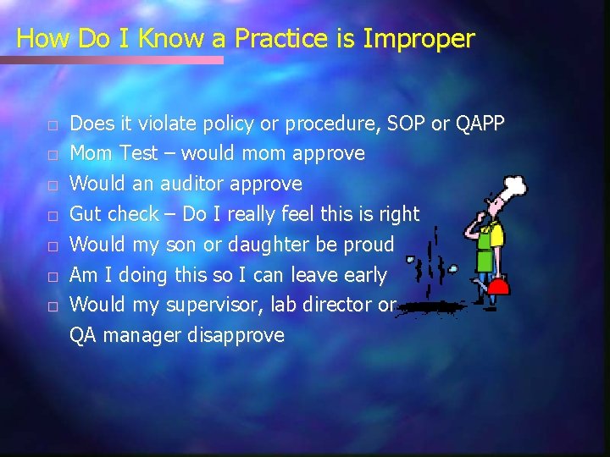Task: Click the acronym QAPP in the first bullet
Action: (x=480, y=124)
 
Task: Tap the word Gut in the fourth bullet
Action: (x=88, y=214)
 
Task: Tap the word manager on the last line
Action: (x=141, y=335)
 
